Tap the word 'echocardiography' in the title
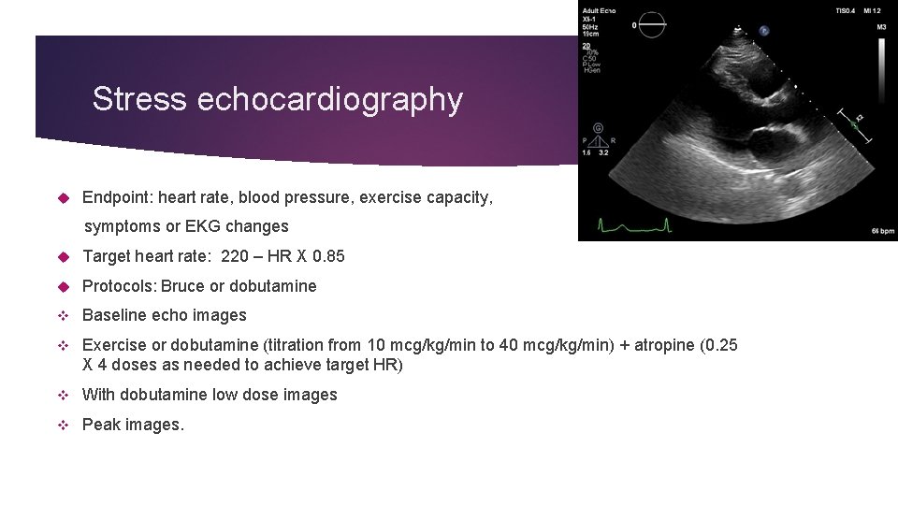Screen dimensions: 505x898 (x=329, y=99)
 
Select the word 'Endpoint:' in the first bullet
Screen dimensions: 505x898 (x=117, y=197)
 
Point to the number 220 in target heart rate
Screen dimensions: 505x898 (x=235, y=256)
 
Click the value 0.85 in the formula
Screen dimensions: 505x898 (x=329, y=256)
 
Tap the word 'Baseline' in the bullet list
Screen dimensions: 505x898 (x=112, y=316)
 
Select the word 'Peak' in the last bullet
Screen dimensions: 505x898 (x=100, y=425)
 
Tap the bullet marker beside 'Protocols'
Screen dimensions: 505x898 (x=64, y=286)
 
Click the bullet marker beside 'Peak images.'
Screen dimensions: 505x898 (x=64, y=425)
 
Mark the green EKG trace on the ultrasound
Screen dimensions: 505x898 (x=634, y=224)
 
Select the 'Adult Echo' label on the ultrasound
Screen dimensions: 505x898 (x=599, y=10)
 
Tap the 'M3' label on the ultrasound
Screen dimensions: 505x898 (x=881, y=27)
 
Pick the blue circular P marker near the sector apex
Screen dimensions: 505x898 (x=764, y=30)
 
